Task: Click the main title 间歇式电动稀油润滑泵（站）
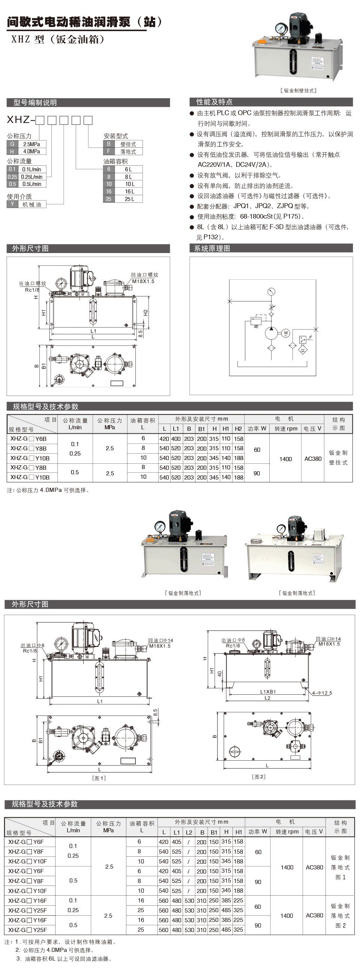pyautogui.click(x=84, y=22)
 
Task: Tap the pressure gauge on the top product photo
pyautogui.click(x=280, y=28)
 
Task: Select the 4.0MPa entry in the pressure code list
pyautogui.click(x=32, y=151)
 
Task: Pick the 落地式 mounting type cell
pyautogui.click(x=128, y=151)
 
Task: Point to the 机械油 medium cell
pyautogui.click(x=32, y=204)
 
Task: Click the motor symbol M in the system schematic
pyautogui.click(x=286, y=333)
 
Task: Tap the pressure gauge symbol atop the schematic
pyautogui.click(x=271, y=292)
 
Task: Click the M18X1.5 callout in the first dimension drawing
pyautogui.click(x=143, y=281)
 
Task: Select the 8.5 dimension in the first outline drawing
pyautogui.click(x=140, y=334)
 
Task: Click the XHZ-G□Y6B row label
pyautogui.click(x=28, y=439)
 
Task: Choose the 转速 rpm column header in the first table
pyautogui.click(x=286, y=429)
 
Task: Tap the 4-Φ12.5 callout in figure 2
pyautogui.click(x=322, y=693)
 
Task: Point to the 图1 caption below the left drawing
pyautogui.click(x=99, y=778)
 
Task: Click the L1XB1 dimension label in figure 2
pyautogui.click(x=268, y=692)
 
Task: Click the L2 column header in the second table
pyautogui.click(x=189, y=832)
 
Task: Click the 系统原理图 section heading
pyautogui.click(x=212, y=249)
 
